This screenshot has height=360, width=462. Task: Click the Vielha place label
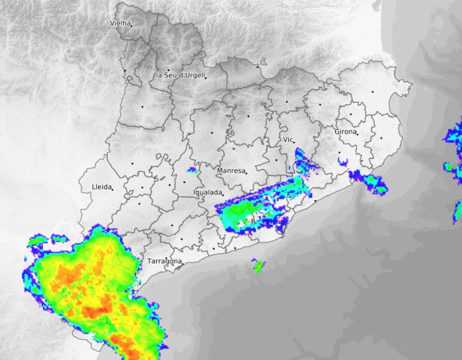120,23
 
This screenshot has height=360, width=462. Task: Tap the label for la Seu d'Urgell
180,75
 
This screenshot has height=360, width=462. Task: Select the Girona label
345,132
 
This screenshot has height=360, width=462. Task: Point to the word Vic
288,139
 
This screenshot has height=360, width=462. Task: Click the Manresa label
231,171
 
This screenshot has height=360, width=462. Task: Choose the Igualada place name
208,193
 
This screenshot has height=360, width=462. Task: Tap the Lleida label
101,187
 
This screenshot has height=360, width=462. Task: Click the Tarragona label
164,261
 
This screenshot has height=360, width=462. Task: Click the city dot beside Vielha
131,26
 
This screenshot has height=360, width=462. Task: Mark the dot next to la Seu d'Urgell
206,78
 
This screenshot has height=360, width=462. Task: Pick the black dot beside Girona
358,134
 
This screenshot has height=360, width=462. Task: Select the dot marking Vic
294,141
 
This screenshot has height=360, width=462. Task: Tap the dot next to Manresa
246,173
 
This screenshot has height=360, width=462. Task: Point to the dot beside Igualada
223,195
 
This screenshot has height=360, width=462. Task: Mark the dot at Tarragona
181,263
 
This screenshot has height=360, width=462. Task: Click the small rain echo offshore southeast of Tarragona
258,266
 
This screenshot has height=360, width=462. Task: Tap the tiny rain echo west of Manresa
192,170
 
